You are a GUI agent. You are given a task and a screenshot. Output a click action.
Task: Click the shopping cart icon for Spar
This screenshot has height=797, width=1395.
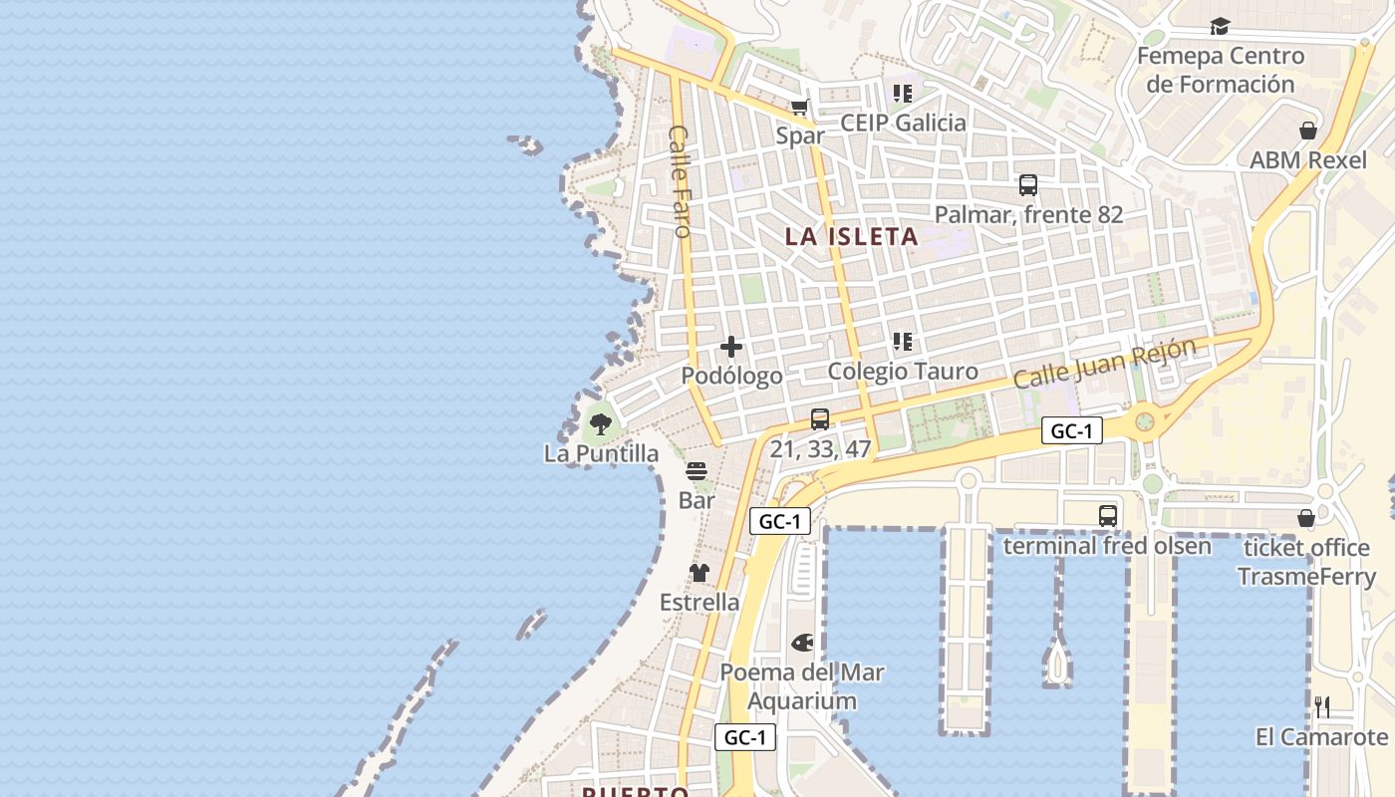799,107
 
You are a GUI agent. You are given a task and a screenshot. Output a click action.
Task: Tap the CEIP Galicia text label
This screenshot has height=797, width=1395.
903,123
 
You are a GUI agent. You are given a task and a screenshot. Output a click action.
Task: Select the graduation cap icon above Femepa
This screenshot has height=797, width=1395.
1220,27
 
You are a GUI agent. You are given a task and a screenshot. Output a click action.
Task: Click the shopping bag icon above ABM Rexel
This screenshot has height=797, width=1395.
1308,131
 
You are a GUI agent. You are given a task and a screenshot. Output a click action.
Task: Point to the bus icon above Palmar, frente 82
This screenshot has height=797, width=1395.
1028,185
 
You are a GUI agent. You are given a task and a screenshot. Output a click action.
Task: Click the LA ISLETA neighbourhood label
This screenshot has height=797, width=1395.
851,237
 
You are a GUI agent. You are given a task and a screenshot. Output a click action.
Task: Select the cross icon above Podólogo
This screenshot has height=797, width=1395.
731,347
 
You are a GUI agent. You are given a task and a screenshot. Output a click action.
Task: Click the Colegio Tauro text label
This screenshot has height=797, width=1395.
903,372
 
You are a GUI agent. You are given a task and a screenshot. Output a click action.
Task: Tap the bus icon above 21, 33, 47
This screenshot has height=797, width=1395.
820,419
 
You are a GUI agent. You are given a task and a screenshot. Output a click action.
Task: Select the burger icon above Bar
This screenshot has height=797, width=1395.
697,471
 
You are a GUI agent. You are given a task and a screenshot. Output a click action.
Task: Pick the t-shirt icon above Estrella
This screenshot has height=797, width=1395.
699,573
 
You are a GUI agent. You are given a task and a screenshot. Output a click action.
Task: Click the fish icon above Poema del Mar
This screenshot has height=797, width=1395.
802,643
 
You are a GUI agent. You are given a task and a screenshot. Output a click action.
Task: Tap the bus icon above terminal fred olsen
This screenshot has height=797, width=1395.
1107,516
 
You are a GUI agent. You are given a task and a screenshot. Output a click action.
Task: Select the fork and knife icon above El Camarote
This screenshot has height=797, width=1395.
1322,707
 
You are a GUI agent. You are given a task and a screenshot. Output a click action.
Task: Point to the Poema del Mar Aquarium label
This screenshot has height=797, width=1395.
802,686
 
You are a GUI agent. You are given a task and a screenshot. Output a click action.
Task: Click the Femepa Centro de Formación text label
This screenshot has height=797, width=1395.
1221,70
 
